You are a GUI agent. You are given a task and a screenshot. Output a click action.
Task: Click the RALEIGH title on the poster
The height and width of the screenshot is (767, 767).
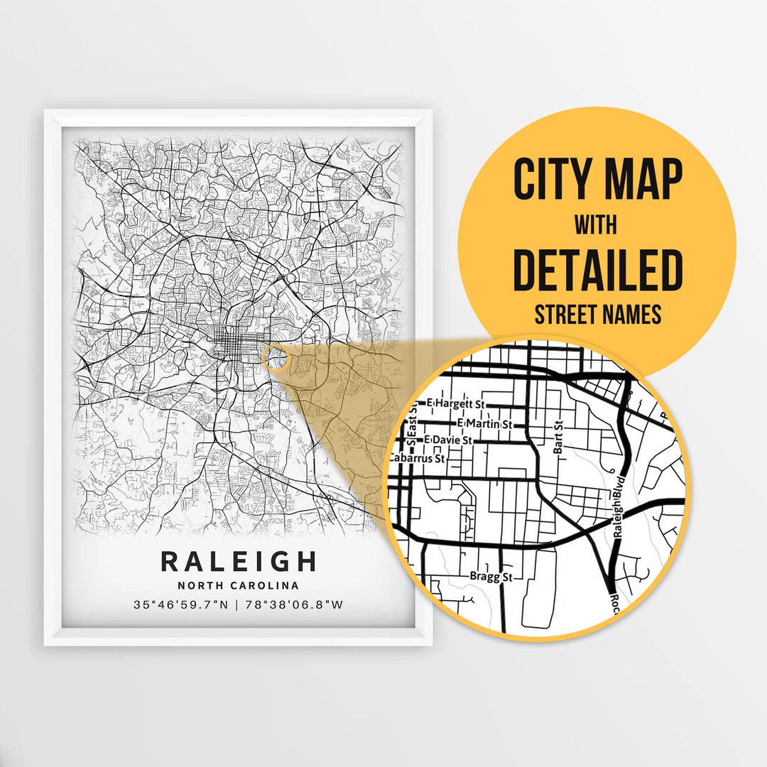coord(239,561)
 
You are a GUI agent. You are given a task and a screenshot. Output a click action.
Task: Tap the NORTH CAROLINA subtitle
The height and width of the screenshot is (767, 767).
coord(239,586)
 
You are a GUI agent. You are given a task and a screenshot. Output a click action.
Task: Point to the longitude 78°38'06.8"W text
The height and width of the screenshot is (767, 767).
coord(293,605)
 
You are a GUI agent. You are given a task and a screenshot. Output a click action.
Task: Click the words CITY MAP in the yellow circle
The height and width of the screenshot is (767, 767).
coord(598,180)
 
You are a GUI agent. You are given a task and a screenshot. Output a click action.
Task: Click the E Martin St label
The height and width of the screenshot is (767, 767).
coord(486,424)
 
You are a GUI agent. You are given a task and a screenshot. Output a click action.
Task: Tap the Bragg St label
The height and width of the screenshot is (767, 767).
coord(491,577)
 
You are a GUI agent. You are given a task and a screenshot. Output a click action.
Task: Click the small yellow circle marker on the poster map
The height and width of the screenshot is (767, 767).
coord(276,358)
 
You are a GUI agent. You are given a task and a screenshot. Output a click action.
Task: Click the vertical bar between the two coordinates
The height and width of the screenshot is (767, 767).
coord(239,605)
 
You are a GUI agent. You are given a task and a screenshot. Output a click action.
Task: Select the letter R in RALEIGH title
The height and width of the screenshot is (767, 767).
coord(170,561)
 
